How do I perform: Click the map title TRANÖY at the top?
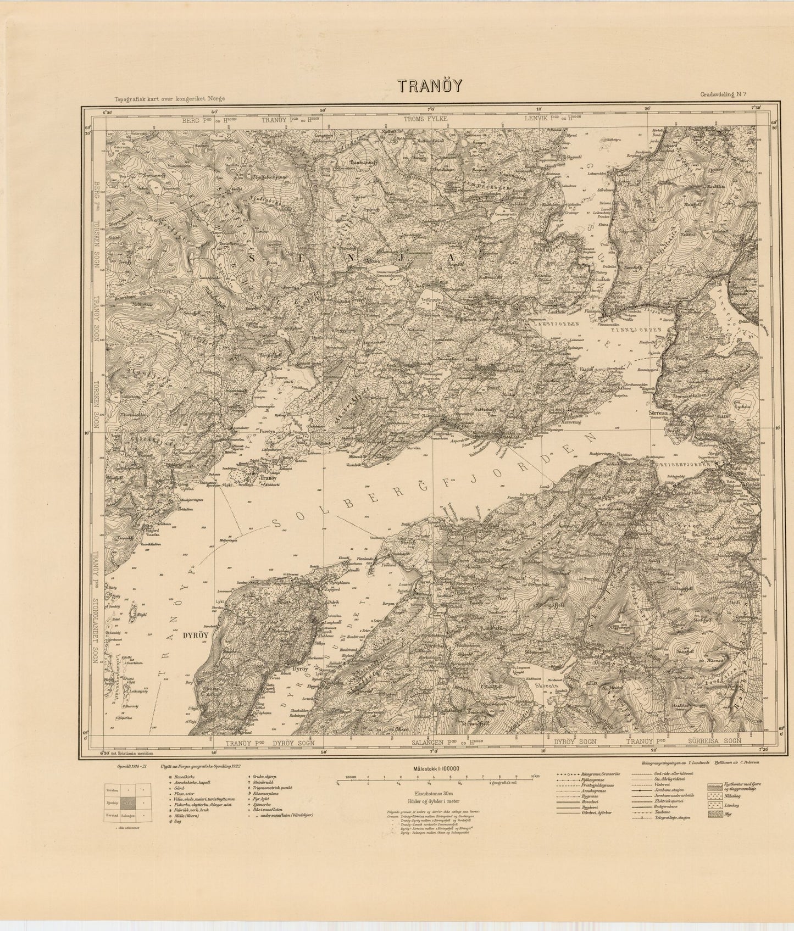click(x=430, y=87)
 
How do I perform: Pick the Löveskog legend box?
click(x=714, y=805)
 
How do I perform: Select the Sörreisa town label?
click(x=657, y=410)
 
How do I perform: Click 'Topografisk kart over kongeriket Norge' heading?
click(x=170, y=98)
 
